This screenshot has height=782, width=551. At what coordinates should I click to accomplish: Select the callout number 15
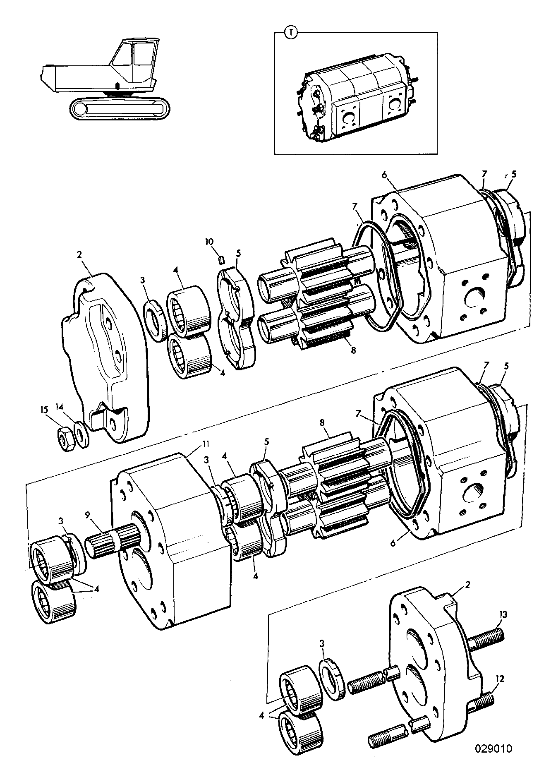pos(44,410)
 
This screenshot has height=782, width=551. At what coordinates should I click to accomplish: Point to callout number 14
pos(60,407)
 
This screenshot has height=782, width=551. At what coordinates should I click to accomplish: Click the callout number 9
pos(87,516)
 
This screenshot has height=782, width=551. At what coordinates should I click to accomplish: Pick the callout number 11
pos(206,444)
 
